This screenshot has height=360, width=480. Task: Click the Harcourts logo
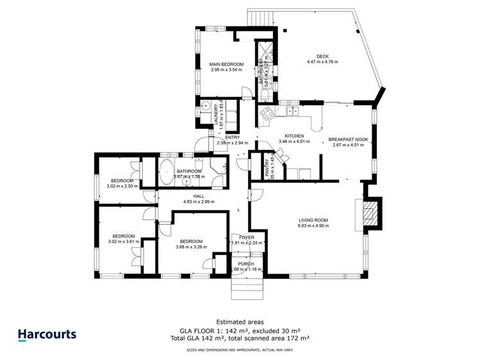(x=47, y=334)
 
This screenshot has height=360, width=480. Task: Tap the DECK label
(x=322, y=56)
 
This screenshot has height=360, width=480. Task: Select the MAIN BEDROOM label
(x=227, y=64)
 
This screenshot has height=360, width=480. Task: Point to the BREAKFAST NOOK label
(x=348, y=139)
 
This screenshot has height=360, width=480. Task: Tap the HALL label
(x=199, y=196)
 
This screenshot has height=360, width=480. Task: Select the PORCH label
(x=245, y=264)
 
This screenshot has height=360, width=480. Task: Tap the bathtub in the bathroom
(x=167, y=173)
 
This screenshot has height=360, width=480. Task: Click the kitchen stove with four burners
(x=266, y=113)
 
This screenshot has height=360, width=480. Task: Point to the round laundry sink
(x=204, y=107)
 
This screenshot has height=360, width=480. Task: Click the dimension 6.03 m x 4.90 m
(x=313, y=225)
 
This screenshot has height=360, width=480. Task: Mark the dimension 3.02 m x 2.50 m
(x=122, y=186)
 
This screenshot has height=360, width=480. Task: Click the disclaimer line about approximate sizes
(x=240, y=350)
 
